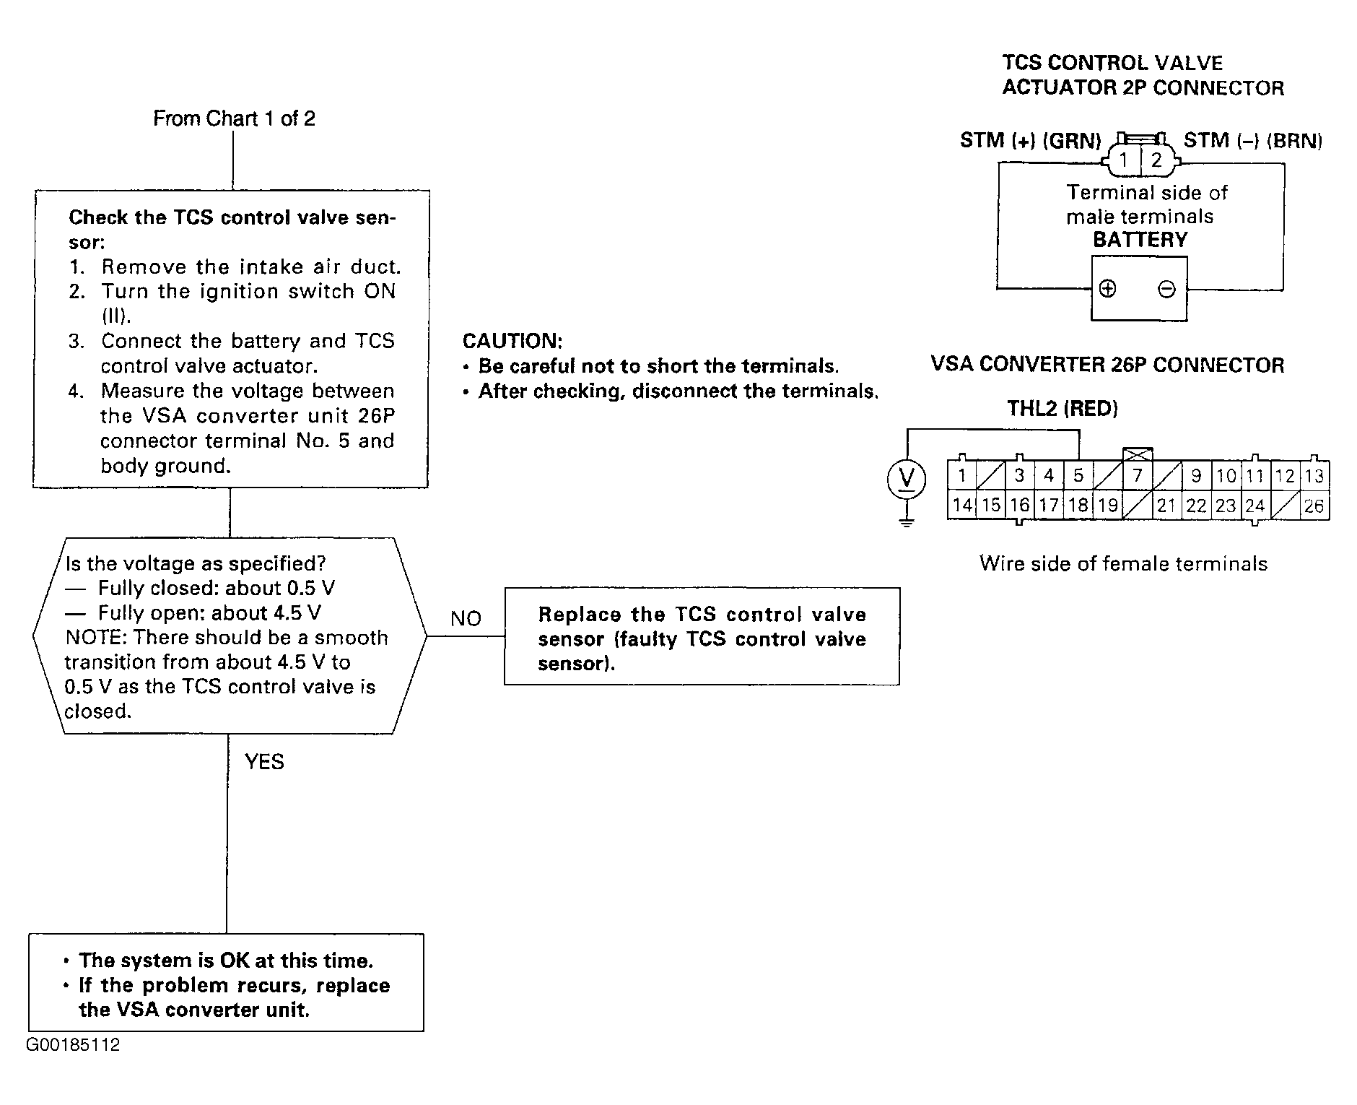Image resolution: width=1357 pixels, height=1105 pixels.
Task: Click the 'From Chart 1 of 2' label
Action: [234, 118]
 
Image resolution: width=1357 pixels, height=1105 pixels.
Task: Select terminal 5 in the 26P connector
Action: [1078, 475]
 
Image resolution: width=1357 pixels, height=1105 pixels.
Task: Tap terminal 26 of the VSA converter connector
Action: [1314, 506]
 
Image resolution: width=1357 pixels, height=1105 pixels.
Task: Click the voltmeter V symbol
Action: [905, 479]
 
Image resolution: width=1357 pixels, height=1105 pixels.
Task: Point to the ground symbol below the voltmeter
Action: [907, 520]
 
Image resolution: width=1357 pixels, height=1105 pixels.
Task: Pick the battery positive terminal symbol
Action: [1107, 289]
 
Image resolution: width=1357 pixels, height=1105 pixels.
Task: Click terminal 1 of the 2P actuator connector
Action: [1124, 160]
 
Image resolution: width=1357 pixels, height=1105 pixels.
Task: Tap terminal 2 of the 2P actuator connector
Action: [1156, 160]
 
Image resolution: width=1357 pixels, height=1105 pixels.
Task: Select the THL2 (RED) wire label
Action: [1063, 409]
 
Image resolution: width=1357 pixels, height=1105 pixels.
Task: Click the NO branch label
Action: [466, 618]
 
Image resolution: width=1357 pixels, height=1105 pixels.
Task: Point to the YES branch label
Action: [264, 761]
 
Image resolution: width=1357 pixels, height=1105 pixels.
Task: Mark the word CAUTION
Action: [512, 340]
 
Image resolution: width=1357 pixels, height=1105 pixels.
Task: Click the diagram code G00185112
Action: [74, 1044]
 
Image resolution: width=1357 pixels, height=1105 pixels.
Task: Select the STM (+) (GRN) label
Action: [1030, 140]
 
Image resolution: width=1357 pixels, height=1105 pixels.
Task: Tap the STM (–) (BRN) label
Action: [1253, 140]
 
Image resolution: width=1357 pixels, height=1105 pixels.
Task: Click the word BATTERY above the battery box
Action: [1140, 240]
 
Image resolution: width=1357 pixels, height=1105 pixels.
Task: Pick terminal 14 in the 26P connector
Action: [961, 506]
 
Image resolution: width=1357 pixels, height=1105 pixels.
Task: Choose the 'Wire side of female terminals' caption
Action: [1123, 563]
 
